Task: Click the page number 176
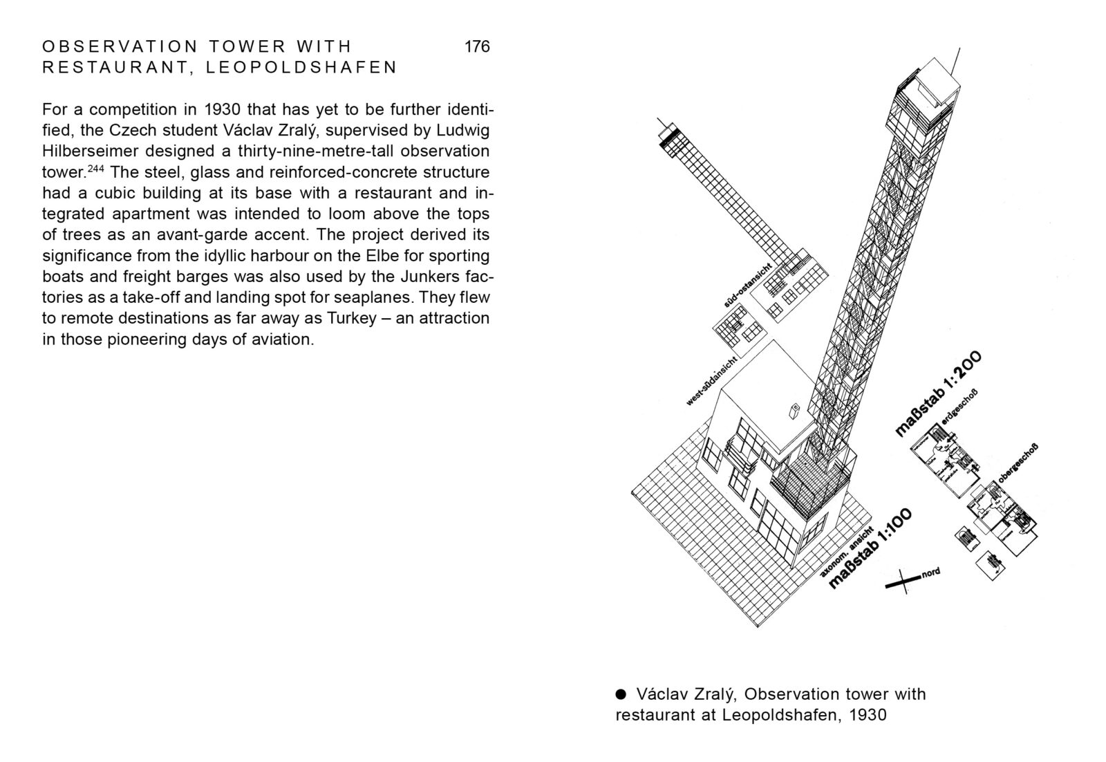pyautogui.click(x=477, y=46)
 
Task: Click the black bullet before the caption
pyautogui.click(x=621, y=693)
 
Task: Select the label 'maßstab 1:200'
pyautogui.click(x=938, y=394)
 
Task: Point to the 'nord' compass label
pyautogui.click(x=931, y=573)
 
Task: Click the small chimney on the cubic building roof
pyautogui.click(x=794, y=411)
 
